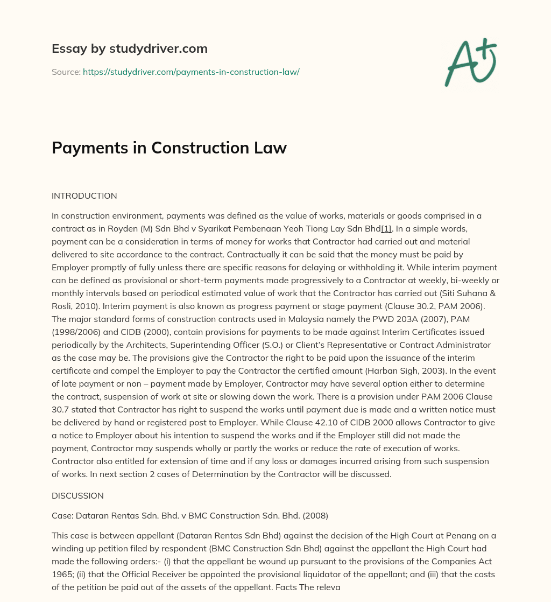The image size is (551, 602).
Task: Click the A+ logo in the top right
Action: click(x=470, y=62)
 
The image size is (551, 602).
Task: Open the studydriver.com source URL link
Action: click(x=191, y=72)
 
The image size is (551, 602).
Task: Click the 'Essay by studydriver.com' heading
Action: click(x=129, y=48)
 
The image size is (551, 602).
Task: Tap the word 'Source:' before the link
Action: click(x=66, y=72)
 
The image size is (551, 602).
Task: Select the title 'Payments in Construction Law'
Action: click(x=169, y=148)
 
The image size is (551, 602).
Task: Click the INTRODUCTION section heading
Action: click(x=84, y=195)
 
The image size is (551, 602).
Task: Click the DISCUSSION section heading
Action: click(x=77, y=495)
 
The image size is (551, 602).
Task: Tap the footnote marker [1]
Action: click(x=386, y=229)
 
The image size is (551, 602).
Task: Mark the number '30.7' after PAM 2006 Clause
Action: click(x=63, y=409)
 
